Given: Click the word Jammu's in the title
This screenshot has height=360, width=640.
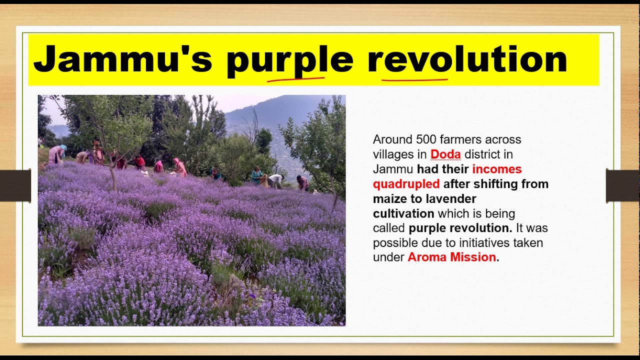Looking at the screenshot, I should (122, 59).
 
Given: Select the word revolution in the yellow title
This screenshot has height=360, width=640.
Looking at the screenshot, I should (467, 59).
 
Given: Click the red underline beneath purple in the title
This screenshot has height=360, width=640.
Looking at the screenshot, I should (295, 78).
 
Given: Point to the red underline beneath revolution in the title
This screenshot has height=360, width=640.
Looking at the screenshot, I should (414, 79).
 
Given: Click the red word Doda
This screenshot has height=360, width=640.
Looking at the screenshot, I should (445, 154).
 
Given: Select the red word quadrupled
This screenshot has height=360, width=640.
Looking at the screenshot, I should (406, 184).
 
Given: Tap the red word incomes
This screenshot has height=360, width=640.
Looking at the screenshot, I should (496, 169).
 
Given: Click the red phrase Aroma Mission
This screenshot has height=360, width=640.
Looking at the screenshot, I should (451, 257).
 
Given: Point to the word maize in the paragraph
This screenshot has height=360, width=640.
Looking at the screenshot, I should (389, 199).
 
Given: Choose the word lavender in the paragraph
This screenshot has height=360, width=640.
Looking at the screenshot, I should (451, 199).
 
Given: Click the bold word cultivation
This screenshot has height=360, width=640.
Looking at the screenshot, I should (403, 214).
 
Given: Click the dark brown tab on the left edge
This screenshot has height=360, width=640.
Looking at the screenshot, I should (15, 186).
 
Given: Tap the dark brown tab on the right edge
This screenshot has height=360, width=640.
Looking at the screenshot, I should (622, 185).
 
